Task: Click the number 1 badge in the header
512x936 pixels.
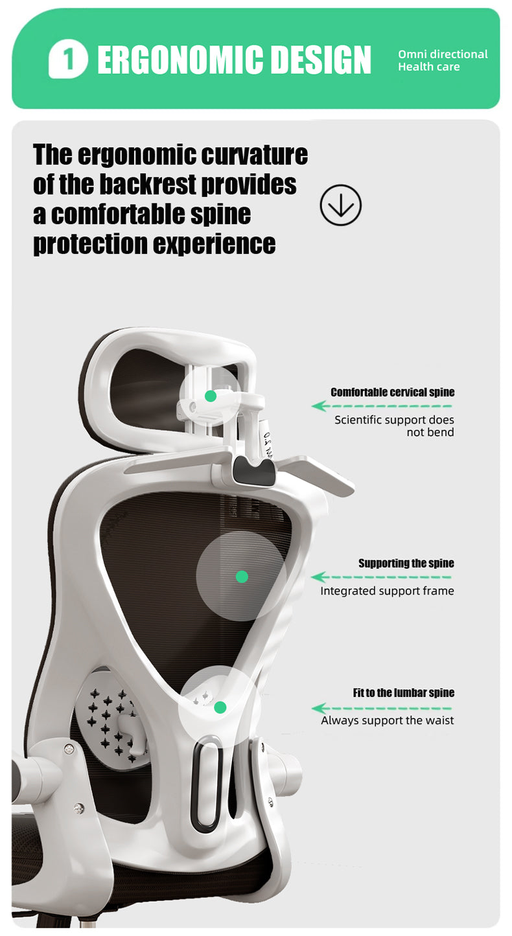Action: (x=68, y=59)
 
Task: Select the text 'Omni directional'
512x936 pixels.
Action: (x=443, y=54)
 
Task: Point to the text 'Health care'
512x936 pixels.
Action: (x=429, y=67)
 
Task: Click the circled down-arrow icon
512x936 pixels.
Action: (x=341, y=205)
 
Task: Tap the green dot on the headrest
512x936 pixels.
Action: (x=211, y=396)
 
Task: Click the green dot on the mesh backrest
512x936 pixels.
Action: (x=242, y=576)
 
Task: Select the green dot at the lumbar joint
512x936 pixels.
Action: (x=220, y=707)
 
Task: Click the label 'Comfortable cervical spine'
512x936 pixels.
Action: (x=393, y=393)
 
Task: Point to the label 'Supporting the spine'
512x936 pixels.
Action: (x=406, y=564)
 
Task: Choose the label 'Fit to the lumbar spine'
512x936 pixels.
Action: (x=404, y=693)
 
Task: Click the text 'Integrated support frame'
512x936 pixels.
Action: (x=387, y=591)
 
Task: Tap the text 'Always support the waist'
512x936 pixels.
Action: (x=388, y=720)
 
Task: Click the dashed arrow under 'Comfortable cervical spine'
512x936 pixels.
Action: (x=382, y=405)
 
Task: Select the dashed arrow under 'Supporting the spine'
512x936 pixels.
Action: (x=381, y=577)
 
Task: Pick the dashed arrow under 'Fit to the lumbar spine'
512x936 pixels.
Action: (x=382, y=708)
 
